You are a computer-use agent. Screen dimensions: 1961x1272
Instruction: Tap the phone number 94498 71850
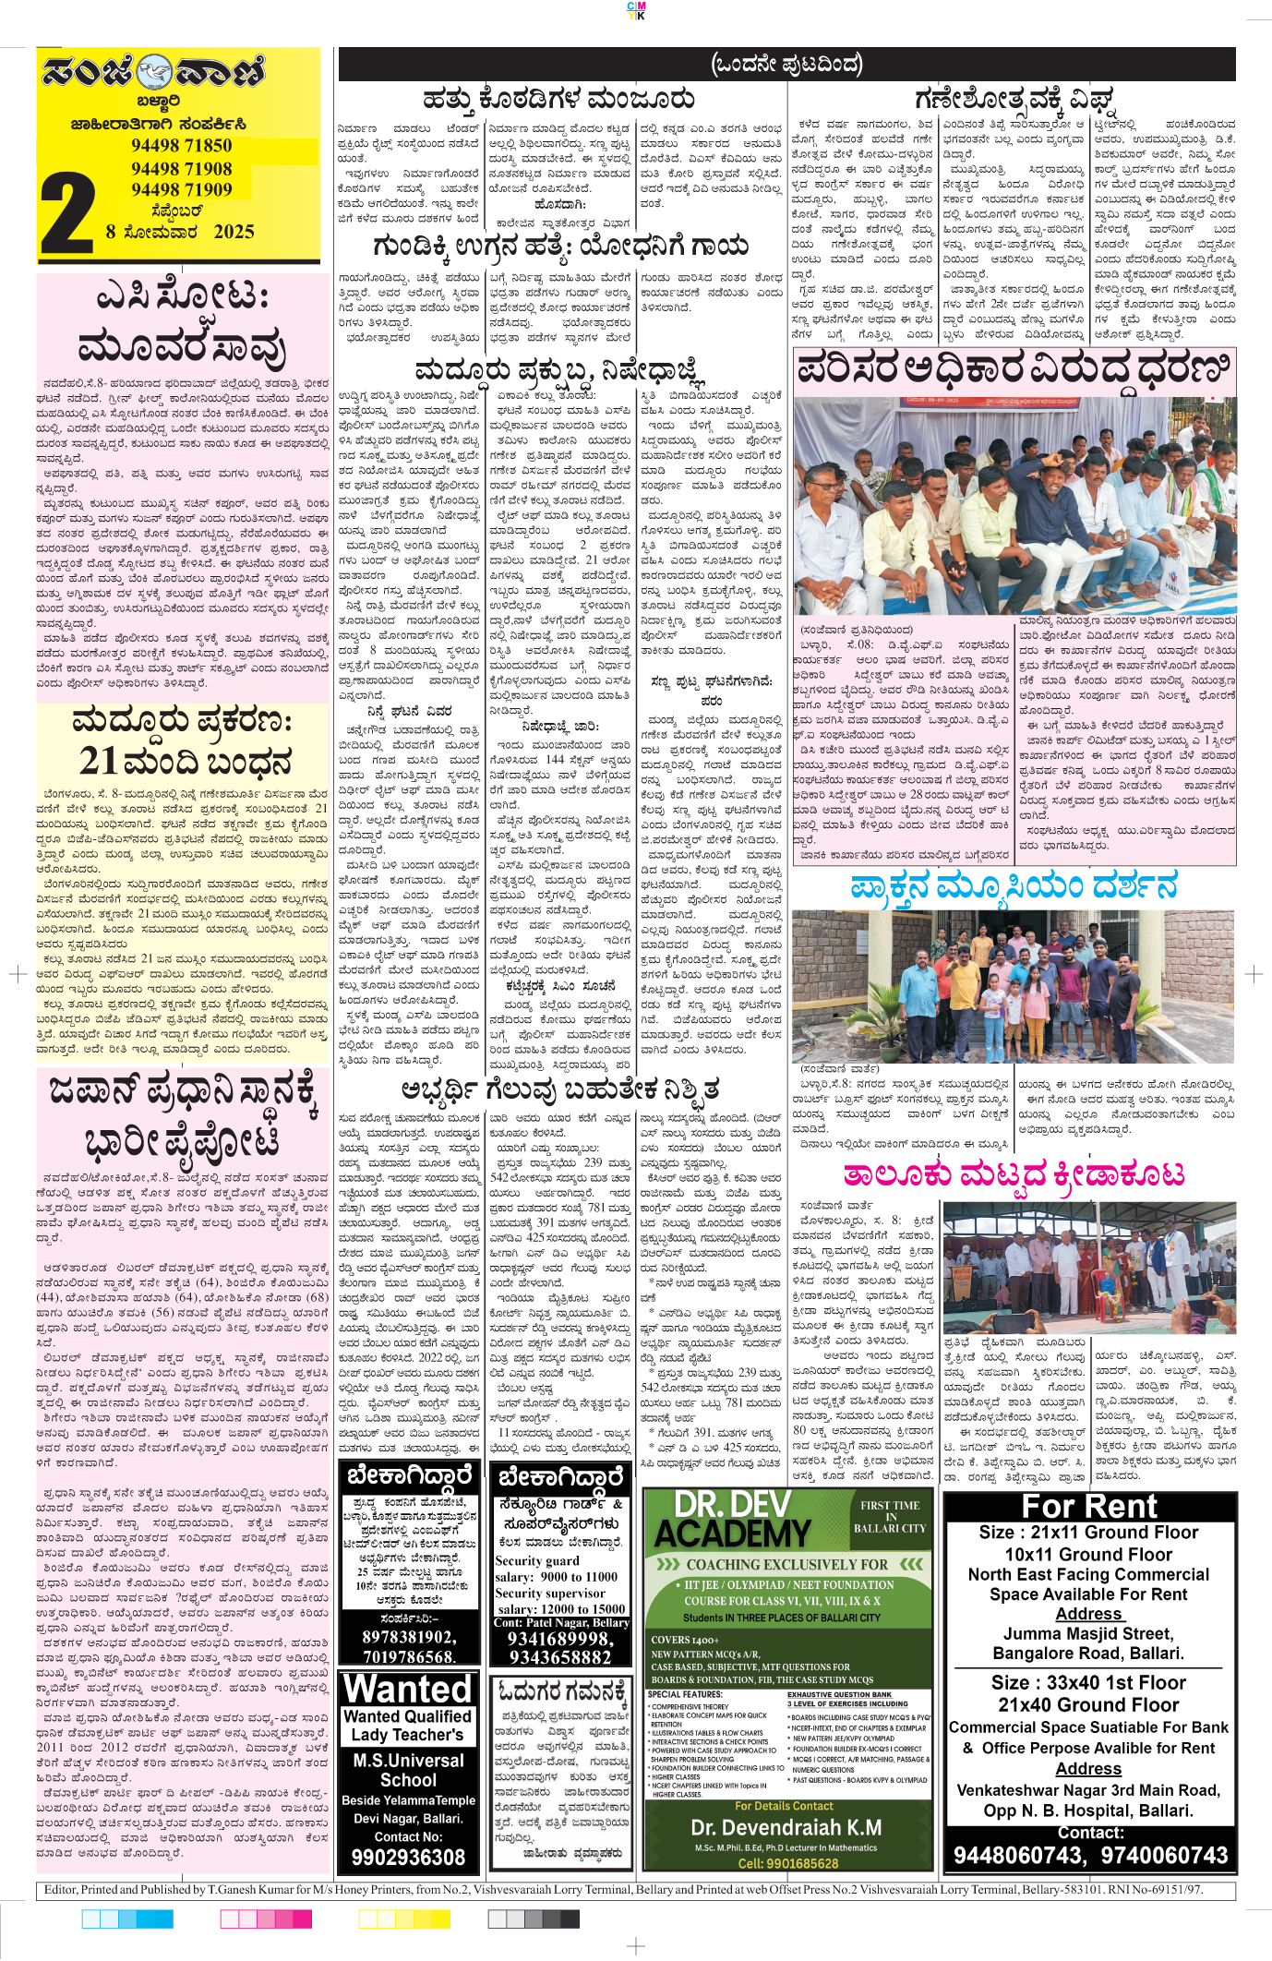point(181,146)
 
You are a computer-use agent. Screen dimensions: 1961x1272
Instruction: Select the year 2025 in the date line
point(234,232)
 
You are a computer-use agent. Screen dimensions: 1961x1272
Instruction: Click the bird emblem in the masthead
point(154,70)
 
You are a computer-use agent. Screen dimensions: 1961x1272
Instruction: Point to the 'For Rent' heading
point(1088,1507)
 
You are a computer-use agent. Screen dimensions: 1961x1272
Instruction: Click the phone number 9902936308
point(408,1857)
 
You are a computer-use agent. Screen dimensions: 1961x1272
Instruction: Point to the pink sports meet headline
point(1013,1174)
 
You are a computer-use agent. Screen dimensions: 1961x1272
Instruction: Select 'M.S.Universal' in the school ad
point(408,1761)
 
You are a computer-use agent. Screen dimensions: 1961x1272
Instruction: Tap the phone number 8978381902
point(408,1637)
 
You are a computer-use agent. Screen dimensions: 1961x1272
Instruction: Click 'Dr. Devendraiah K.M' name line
point(786,1828)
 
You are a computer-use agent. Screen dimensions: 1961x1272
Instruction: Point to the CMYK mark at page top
point(636,10)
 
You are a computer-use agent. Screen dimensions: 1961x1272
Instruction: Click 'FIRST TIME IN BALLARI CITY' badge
point(889,1516)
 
